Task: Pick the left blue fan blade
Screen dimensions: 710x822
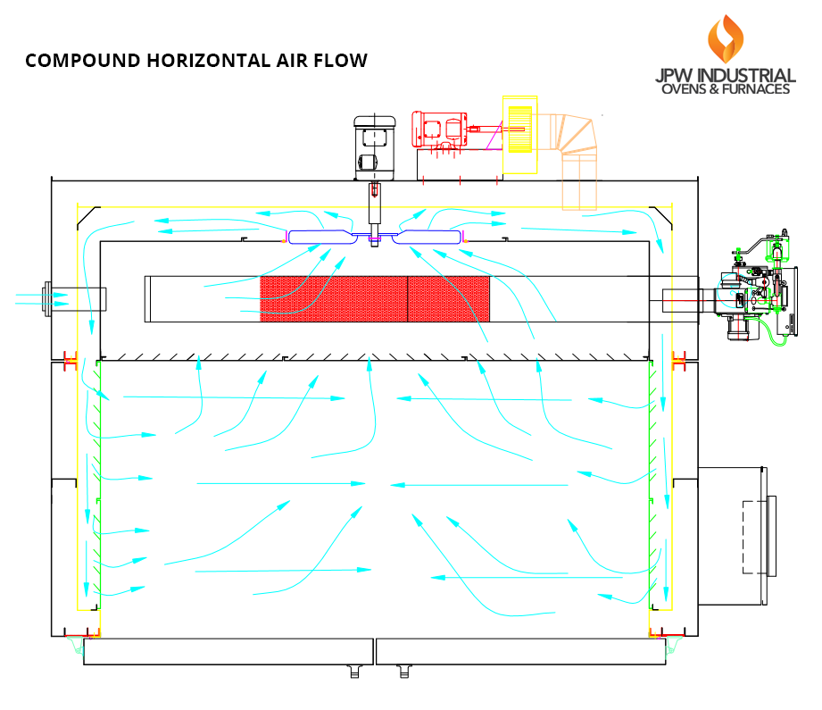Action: [320, 237]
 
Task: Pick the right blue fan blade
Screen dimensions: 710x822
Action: [428, 237]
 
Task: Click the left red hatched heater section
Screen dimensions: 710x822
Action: [333, 298]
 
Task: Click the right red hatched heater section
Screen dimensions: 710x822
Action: [449, 298]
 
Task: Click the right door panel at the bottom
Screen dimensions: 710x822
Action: [520, 651]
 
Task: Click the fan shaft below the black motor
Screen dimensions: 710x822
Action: [375, 210]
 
